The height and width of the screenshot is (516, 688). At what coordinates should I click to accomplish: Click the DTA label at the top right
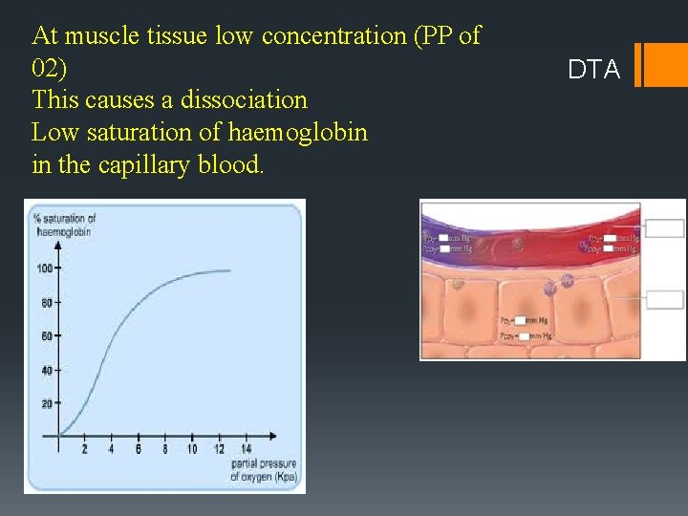click(x=593, y=69)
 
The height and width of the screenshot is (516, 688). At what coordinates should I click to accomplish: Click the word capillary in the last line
click(x=143, y=164)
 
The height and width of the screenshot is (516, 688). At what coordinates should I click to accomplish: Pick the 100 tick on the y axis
click(x=45, y=269)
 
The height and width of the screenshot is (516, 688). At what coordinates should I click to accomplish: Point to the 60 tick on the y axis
click(x=46, y=336)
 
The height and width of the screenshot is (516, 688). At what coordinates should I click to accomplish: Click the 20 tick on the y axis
click(x=46, y=403)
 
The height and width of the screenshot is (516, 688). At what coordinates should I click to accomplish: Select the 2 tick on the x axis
click(x=84, y=448)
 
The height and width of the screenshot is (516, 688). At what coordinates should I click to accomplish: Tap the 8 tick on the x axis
click(x=164, y=448)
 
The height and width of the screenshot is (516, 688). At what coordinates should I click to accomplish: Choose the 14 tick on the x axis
click(x=246, y=448)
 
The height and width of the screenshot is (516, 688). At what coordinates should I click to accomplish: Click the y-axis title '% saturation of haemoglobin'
click(x=65, y=225)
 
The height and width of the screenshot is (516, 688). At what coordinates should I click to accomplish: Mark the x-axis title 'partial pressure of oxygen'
click(x=263, y=470)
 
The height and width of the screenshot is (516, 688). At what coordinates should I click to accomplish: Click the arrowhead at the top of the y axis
click(x=58, y=244)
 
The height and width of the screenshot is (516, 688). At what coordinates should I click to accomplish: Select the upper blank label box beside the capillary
click(x=665, y=228)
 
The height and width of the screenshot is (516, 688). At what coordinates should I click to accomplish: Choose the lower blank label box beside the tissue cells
click(x=665, y=300)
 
